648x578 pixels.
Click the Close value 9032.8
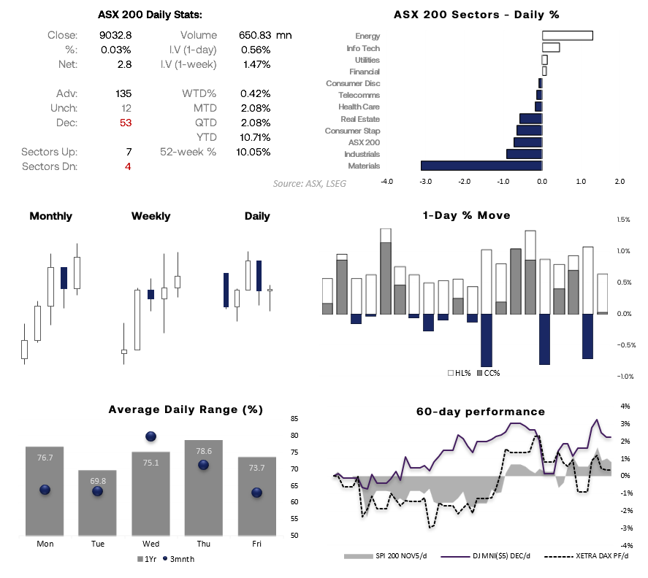[115, 35]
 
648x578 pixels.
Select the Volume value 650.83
[254, 35]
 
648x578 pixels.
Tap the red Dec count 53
[126, 123]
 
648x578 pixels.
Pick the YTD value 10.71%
[255, 137]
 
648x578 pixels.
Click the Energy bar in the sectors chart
[567, 36]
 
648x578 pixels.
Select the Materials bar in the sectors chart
[481, 166]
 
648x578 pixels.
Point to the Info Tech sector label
[363, 48]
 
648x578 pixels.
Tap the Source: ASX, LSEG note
[310, 184]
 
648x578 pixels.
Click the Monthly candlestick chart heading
[51, 216]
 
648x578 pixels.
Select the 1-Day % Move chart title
[466, 215]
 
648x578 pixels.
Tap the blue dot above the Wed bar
[151, 436]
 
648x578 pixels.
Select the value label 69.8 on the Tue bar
[98, 481]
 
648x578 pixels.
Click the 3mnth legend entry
[179, 559]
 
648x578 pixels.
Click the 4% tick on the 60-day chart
[626, 406]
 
